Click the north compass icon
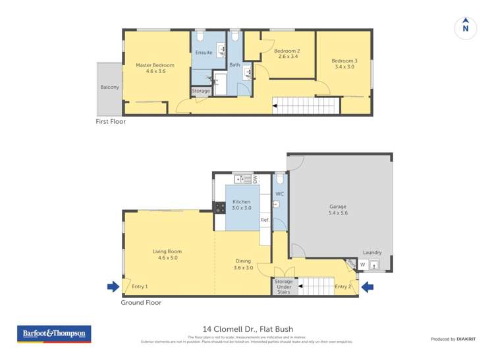click(466, 28)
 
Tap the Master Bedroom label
click(155, 65)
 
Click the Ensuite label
click(204, 53)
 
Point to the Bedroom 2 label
click(287, 51)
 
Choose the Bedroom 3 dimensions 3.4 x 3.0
click(344, 66)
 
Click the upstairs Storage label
click(201, 91)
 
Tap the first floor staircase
click(304, 105)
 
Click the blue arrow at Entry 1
click(113, 286)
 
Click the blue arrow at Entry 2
click(368, 286)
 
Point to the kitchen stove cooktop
click(219, 207)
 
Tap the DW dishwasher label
click(255, 178)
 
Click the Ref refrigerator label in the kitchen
click(264, 220)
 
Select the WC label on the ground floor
click(279, 193)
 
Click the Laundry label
click(372, 252)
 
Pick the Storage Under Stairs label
click(283, 286)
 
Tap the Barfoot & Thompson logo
click(54, 334)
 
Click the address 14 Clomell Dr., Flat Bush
click(247, 329)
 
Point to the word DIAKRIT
click(466, 339)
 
